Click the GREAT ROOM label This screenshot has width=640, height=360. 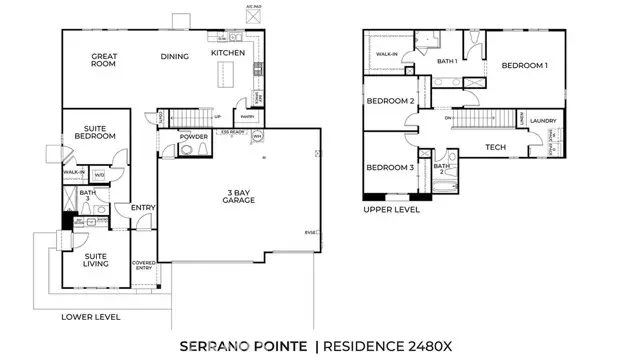coord(104,60)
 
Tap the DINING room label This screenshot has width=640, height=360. coord(176,56)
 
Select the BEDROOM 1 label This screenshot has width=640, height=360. coord(525,66)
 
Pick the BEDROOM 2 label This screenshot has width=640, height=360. coord(390,101)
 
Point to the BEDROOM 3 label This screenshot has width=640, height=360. coord(390,167)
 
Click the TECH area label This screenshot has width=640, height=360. coord(495,148)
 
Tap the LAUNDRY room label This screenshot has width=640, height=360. coord(543,120)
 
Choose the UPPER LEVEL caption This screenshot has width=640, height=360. coord(391,210)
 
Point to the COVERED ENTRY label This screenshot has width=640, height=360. coord(144,265)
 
